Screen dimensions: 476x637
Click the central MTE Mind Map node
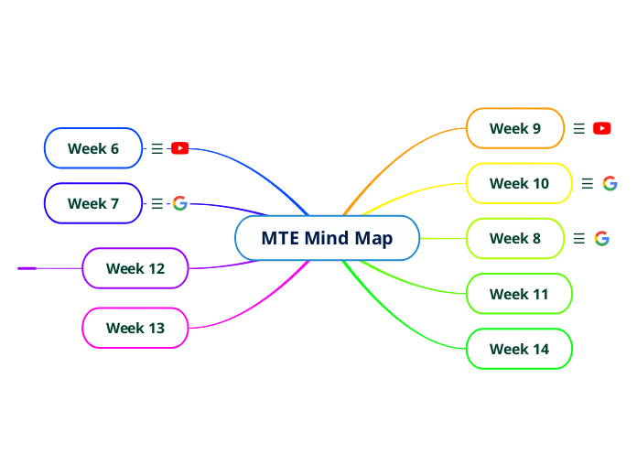point(327,239)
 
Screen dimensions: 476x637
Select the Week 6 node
point(93,148)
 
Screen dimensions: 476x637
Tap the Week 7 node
point(93,203)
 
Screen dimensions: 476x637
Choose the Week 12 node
point(135,269)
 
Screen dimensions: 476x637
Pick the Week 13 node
point(135,328)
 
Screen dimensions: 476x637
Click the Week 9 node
point(515,128)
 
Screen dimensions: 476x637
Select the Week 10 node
point(519,183)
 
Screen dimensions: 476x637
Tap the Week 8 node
point(515,239)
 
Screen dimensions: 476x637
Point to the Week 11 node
point(519,294)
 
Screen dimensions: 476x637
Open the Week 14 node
point(519,349)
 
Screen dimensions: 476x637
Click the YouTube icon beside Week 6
point(180,148)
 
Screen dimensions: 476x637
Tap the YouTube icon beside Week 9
point(601,128)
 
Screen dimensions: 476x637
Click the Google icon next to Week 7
point(180,203)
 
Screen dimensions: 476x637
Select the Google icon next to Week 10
point(610,183)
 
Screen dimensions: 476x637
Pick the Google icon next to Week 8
point(601,239)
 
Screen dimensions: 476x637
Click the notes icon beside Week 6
point(157,148)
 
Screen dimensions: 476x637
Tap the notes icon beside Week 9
point(578,128)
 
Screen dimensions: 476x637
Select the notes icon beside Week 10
point(588,183)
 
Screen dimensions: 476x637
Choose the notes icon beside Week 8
point(578,239)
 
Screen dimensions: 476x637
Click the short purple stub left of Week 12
point(27,268)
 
